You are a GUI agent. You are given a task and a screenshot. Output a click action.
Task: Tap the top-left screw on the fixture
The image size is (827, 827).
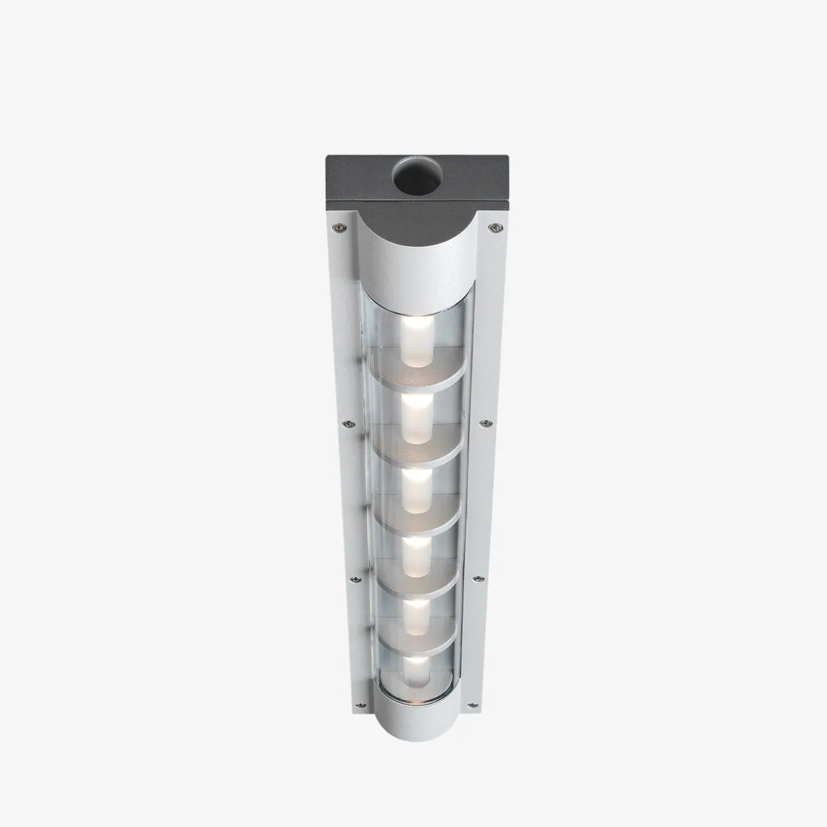click(339, 227)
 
